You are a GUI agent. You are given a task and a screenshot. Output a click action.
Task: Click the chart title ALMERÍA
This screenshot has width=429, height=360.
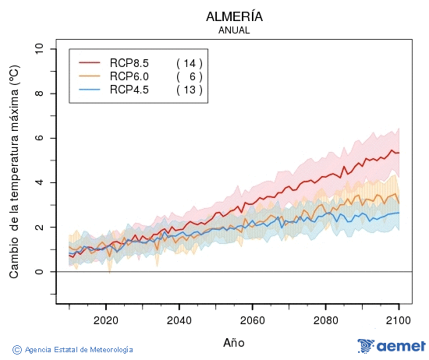[234, 16]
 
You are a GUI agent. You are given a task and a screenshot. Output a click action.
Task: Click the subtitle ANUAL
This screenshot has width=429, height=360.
[234, 30]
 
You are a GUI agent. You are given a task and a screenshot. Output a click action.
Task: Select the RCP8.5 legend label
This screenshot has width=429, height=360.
[129, 62]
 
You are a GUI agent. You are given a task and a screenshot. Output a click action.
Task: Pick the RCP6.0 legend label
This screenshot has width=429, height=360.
[129, 76]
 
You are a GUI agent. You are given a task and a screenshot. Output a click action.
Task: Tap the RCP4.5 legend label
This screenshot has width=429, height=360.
[129, 90]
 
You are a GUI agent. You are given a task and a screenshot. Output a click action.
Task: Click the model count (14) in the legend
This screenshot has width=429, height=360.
[189, 62]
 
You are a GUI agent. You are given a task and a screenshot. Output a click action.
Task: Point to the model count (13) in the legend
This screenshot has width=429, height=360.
[189, 90]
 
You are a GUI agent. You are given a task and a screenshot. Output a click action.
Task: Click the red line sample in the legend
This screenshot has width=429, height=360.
[90, 62]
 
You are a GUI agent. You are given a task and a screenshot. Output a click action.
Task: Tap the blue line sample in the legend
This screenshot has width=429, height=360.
[90, 90]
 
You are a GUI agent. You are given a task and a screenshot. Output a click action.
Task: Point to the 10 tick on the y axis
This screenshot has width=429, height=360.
[40, 49]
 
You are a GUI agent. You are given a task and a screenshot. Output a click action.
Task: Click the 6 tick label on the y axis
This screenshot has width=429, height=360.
[40, 138]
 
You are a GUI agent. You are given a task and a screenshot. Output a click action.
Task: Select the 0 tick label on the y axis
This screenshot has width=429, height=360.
[40, 272]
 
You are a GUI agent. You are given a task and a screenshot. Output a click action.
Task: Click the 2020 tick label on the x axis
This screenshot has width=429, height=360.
[105, 319]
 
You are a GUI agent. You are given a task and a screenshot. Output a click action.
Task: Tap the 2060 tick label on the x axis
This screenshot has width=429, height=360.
[252, 319]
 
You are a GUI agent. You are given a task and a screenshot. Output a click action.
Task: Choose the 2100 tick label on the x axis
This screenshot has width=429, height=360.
[399, 319]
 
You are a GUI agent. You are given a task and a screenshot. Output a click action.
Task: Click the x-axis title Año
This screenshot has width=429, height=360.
[234, 342]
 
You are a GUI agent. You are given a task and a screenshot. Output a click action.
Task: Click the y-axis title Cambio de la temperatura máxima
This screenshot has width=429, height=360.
[13, 172]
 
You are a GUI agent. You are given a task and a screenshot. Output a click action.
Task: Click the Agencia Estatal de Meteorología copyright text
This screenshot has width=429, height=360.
[73, 350]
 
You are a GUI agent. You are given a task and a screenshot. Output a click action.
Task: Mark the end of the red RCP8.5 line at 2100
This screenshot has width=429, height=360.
[399, 152]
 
